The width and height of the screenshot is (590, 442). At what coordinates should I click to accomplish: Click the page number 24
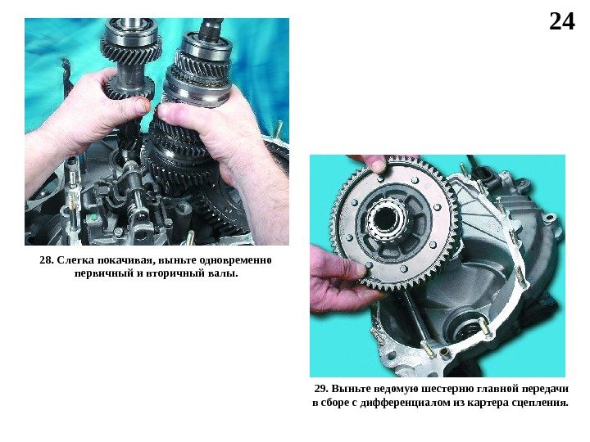tap(562, 21)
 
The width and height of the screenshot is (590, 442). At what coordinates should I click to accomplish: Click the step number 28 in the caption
tap(47, 260)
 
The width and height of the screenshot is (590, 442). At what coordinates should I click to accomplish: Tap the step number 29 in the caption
tap(321, 389)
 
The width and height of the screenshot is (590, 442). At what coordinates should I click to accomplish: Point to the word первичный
tap(102, 273)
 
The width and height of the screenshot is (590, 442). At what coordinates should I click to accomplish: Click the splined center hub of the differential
tap(386, 219)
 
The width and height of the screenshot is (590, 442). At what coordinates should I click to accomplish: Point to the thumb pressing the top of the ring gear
tap(376, 163)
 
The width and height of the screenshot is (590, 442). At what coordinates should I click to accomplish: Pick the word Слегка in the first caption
tap(75, 260)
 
